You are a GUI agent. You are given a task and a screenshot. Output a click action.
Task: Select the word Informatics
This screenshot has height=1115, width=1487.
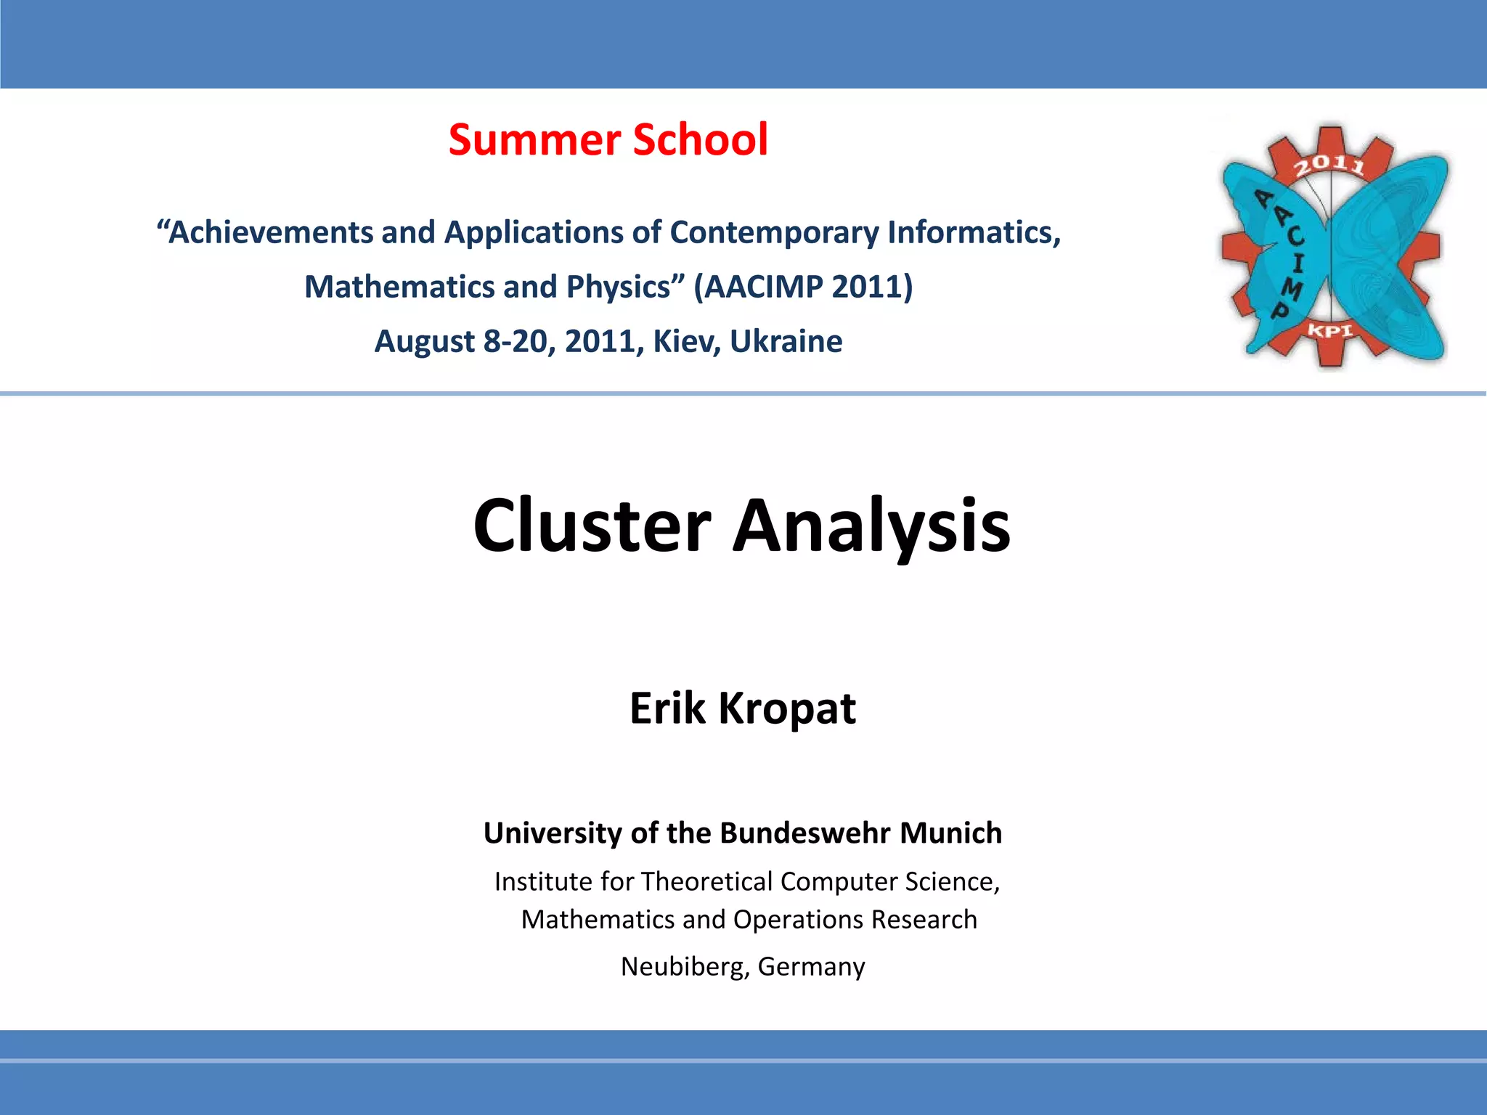click(973, 233)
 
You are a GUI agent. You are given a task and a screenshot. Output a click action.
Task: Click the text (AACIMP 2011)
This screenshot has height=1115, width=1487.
click(803, 287)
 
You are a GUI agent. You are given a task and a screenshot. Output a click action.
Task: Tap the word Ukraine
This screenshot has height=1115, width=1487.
click(786, 341)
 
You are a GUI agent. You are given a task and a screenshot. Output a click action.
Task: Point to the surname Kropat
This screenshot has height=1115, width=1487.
click(787, 709)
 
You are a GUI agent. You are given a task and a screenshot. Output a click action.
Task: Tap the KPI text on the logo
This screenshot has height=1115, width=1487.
click(1330, 331)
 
